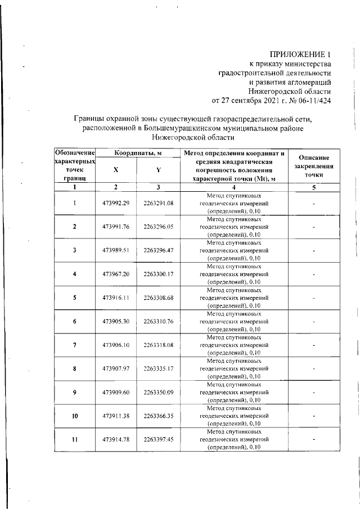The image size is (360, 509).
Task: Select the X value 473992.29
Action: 116,203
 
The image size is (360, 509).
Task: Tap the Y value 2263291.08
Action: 159,203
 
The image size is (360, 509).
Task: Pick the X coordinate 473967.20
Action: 116,274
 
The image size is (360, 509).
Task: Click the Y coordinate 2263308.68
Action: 159,298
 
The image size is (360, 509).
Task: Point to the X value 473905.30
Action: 116,321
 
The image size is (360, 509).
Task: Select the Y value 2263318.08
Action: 159,345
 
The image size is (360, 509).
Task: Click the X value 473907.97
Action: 116,368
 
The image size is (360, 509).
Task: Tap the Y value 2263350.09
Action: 159,392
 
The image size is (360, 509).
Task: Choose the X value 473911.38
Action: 116,416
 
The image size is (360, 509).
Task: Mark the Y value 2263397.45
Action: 159,439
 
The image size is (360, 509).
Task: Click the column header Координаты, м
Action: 138,154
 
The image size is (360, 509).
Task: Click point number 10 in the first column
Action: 74,416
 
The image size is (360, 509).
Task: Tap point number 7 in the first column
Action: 74,345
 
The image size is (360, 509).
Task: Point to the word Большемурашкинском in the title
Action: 181,128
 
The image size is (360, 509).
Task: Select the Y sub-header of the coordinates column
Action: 159,170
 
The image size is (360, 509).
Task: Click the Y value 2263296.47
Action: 159,250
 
